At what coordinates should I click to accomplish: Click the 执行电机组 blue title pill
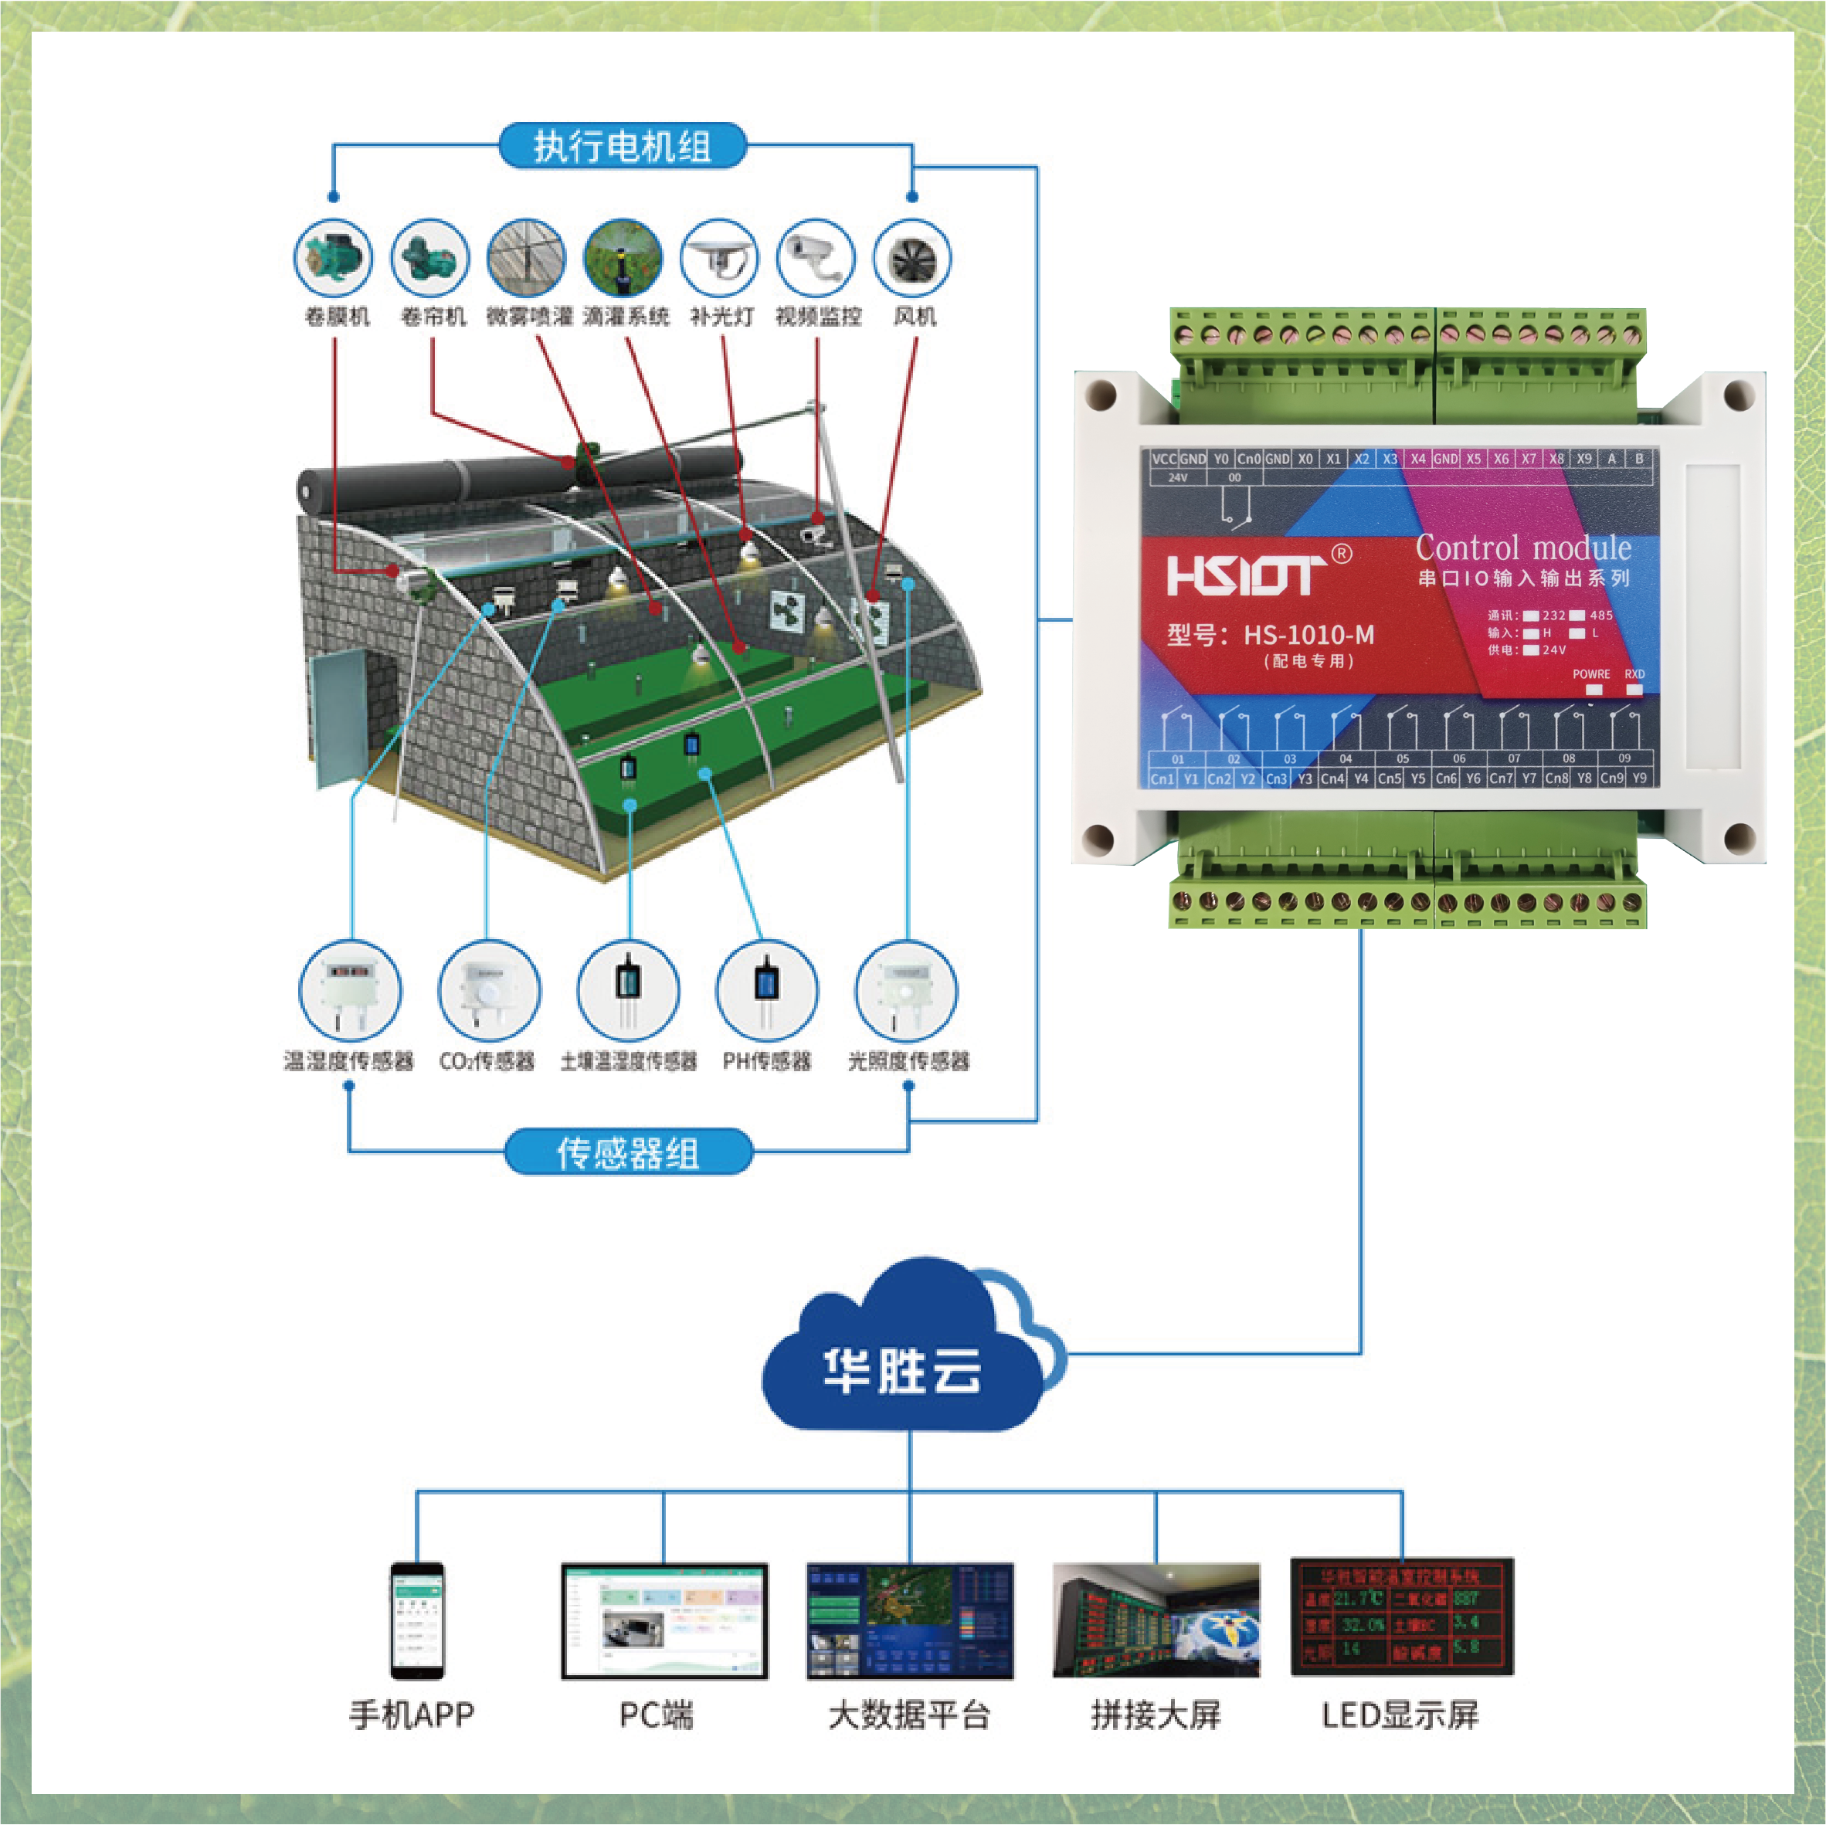(x=622, y=147)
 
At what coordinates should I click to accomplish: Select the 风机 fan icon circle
(x=912, y=258)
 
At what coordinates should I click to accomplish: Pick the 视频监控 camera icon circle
(x=816, y=258)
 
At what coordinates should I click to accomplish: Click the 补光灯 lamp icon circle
(x=720, y=258)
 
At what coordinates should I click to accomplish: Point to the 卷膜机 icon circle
(x=334, y=258)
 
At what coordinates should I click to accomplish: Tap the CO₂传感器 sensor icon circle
(x=489, y=990)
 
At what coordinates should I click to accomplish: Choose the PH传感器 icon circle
(x=766, y=990)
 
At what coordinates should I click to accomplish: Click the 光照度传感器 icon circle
(x=906, y=990)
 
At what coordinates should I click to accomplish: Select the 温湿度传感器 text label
(x=349, y=1061)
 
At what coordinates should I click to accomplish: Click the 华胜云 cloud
(x=903, y=1361)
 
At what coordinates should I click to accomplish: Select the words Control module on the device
(x=1522, y=548)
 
